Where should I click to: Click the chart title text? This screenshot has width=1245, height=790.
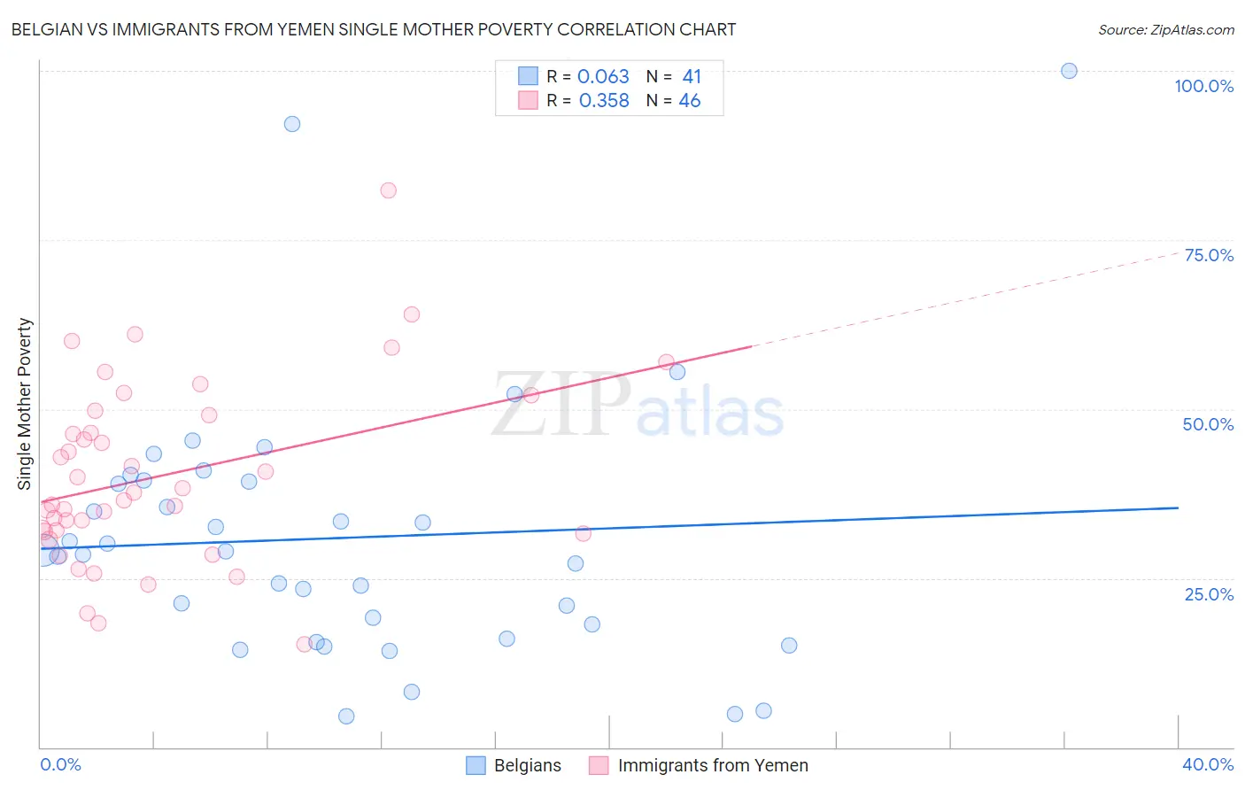tap(373, 29)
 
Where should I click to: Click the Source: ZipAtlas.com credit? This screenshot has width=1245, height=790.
tap(1165, 30)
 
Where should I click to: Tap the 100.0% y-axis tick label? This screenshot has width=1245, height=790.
tap(1203, 86)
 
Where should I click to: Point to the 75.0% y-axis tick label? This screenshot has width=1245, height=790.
tap(1209, 255)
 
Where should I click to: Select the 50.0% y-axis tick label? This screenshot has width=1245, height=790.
tap(1208, 424)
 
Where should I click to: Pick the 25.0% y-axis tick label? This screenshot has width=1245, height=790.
tap(1209, 593)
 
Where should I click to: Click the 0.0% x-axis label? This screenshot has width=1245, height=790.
tap(60, 764)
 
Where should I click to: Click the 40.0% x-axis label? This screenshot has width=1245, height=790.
tap(1208, 764)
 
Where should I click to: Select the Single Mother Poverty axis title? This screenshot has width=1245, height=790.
tap(25, 404)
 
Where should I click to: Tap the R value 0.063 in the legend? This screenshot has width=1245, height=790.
tap(603, 77)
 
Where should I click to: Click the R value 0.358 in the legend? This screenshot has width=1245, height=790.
tap(604, 101)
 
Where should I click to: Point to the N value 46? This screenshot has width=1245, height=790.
tap(689, 101)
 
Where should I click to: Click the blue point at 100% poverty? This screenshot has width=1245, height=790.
tap(1069, 71)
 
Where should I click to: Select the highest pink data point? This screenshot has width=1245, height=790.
tap(388, 190)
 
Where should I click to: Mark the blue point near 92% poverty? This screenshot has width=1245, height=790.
tap(292, 124)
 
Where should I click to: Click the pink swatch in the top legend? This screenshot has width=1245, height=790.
tap(528, 100)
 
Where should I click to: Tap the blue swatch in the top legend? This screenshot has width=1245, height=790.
tap(528, 76)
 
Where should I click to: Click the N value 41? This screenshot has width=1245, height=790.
tap(692, 77)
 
